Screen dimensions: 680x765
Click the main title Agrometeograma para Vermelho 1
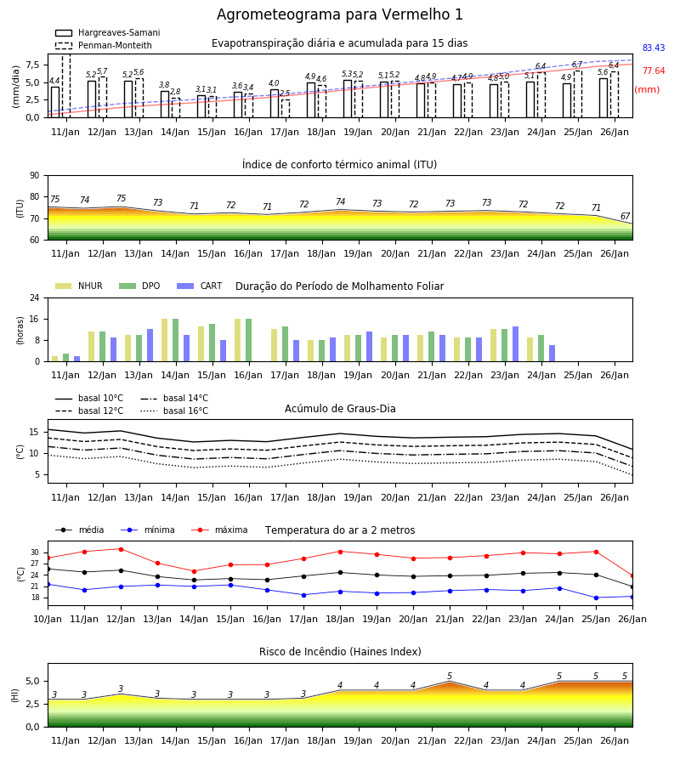[339, 14]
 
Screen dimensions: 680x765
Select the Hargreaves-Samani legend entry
[107, 32]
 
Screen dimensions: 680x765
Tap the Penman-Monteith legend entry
[104, 45]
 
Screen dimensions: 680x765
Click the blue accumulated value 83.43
[654, 48]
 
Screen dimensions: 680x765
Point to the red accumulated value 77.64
[654, 71]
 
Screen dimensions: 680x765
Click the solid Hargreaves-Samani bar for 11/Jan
[55, 102]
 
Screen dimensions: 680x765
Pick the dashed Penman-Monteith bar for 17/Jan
[286, 108]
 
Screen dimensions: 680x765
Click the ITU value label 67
[625, 216]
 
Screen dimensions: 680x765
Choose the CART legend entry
[200, 286]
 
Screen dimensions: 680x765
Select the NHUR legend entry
[79, 286]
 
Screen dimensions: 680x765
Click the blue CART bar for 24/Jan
[552, 354]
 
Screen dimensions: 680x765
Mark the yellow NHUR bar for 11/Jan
[55, 359]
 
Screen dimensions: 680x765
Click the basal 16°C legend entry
[174, 411]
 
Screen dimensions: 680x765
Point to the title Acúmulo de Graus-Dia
[340, 408]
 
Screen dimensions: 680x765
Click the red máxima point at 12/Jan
[121, 549]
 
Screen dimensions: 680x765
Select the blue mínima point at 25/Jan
[596, 598]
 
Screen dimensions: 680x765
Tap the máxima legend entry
[219, 530]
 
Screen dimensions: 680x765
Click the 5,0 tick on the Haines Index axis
[35, 681]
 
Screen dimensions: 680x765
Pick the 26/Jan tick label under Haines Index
[615, 740]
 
